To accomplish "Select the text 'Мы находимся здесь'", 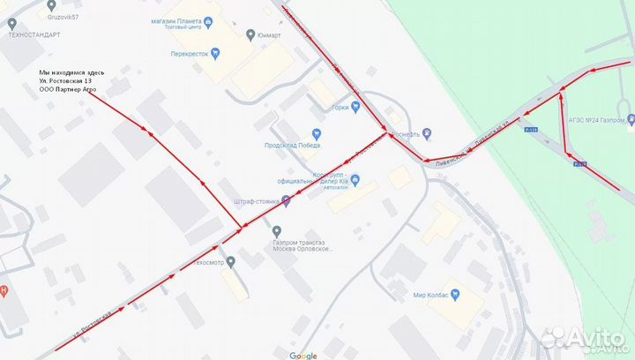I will [72, 71].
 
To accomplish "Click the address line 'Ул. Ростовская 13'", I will [70, 81].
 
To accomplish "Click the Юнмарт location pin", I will [251, 35].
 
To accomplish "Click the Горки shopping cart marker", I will [355, 108].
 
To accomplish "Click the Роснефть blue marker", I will [427, 133].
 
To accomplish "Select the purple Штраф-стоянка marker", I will [285, 201].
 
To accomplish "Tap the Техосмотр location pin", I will [231, 262].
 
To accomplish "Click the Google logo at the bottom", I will [303, 355].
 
